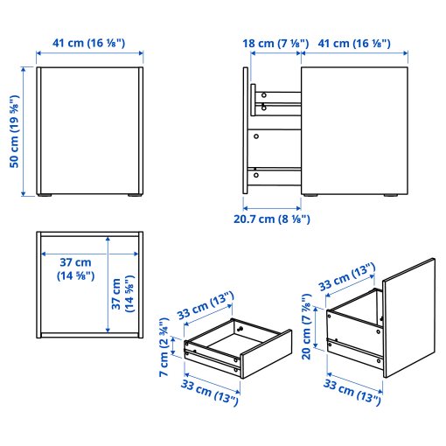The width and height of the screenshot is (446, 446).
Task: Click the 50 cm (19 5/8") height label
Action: pyautogui.click(x=14, y=131)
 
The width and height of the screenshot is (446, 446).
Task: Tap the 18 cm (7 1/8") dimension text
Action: pyautogui.click(x=275, y=44)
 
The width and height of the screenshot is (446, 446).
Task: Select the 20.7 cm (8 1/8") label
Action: pyautogui.click(x=272, y=219)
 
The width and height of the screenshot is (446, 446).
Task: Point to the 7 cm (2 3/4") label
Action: pyautogui.click(x=164, y=347)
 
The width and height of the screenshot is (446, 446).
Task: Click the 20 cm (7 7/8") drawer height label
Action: pyautogui.click(x=306, y=326)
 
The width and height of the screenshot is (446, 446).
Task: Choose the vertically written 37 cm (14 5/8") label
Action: pyautogui.click(x=122, y=294)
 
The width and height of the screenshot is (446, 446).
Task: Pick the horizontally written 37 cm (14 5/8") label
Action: pyautogui.click(x=76, y=268)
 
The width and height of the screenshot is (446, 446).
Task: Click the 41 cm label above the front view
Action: pyautogui.click(x=89, y=43)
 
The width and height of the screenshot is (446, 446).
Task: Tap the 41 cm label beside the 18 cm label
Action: pyautogui.click(x=354, y=44)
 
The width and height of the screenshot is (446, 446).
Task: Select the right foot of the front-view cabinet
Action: pyautogui.click(x=134, y=195)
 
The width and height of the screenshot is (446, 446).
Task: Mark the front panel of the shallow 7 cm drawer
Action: pyautogui.click(x=266, y=354)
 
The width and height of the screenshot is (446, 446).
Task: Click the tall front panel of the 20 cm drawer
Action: pyautogui.click(x=408, y=317)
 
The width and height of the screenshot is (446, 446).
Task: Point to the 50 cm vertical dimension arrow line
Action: pyautogui.click(x=24, y=131)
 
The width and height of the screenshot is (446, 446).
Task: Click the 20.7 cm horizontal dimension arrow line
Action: pyautogui.click(x=272, y=208)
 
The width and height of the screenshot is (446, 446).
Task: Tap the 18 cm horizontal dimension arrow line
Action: pyautogui.click(x=275, y=53)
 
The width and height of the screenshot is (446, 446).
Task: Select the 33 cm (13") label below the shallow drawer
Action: pyautogui.click(x=210, y=392)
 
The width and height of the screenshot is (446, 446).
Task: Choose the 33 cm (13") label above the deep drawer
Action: pyautogui.click(x=347, y=276)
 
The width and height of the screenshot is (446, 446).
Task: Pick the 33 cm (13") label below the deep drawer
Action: pyautogui.click(x=352, y=392)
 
